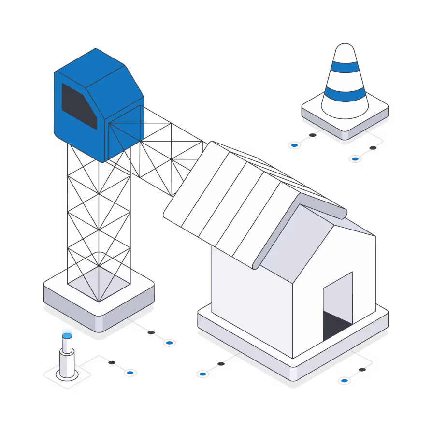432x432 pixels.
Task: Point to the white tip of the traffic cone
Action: pos(345,51)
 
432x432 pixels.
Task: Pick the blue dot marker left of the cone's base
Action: pos(294,144)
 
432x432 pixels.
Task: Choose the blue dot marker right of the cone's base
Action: pos(355,158)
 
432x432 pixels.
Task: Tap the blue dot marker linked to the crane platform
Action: pos(169,342)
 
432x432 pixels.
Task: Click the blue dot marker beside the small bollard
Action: pos(130,372)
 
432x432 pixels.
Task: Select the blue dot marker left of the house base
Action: pos(202,374)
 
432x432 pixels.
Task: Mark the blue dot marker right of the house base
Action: pos(344,380)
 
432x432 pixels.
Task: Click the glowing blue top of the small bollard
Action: pos(67,333)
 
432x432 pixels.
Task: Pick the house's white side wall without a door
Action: pos(251,300)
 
